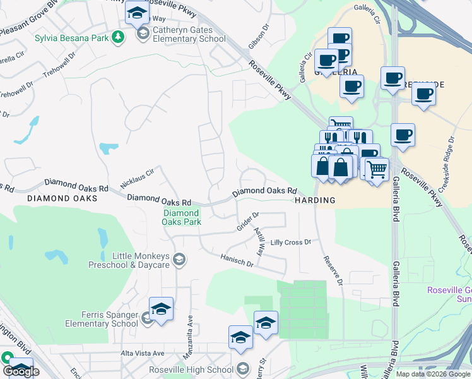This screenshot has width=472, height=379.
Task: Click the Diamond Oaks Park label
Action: [x=181, y=217]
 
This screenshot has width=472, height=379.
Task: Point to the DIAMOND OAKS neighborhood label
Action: [x=62, y=198]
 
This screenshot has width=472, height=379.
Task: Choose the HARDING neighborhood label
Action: [x=315, y=200]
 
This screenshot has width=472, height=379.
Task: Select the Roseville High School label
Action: [x=191, y=370]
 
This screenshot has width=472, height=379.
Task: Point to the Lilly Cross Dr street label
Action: [x=291, y=243]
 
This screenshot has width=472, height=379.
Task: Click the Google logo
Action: [x=21, y=371]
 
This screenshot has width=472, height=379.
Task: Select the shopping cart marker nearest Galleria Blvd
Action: [x=377, y=170]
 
